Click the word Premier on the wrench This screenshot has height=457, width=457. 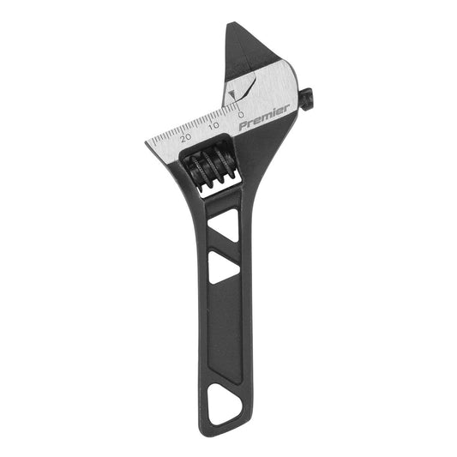pyautogui.click(x=264, y=117)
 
